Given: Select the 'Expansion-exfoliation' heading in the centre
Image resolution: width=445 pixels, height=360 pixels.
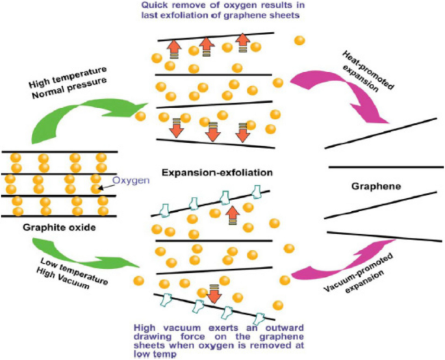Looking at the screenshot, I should (208, 174).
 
